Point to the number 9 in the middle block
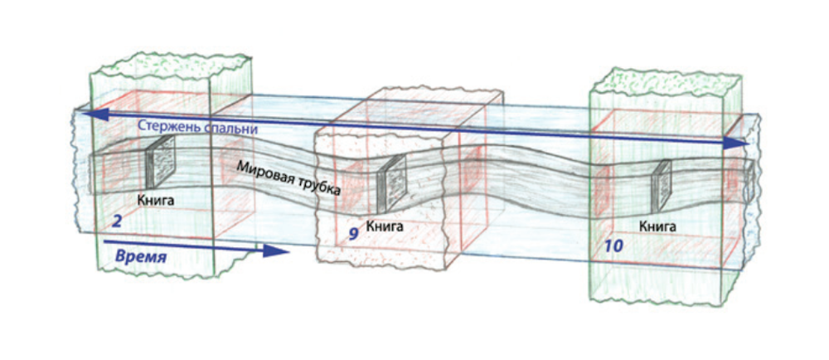click(x=353, y=234)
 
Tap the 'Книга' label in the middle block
click(x=385, y=225)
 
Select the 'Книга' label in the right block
click(x=657, y=225)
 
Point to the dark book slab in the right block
click(x=661, y=183)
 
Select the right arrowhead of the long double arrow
click(x=737, y=144)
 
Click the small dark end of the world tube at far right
click(x=748, y=182)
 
